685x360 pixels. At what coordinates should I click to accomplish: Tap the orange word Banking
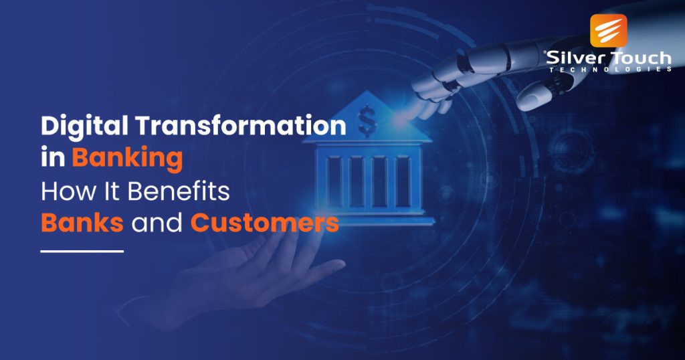click(x=128, y=159)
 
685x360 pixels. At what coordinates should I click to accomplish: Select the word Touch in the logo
click(x=636, y=58)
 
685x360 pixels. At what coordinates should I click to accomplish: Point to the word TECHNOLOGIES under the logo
click(x=609, y=69)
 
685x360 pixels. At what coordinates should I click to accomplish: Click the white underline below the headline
click(x=82, y=252)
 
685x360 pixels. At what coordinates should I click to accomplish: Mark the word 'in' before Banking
click(x=53, y=159)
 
